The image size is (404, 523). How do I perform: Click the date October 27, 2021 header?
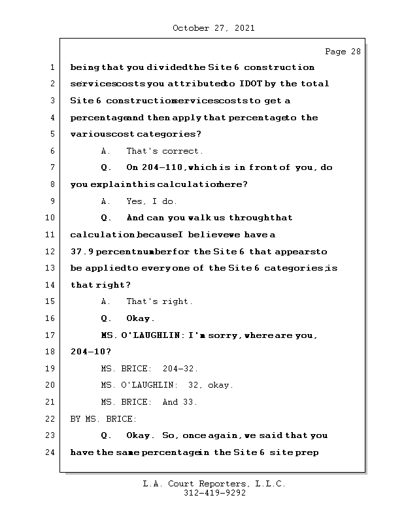214,28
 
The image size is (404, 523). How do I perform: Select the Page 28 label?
343,52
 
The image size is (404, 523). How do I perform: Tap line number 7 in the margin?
52,168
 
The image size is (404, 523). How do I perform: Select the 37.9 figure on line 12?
82,252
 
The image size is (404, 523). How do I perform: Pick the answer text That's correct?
165,151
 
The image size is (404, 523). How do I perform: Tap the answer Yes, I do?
152,201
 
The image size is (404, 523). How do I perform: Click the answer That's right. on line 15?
160,302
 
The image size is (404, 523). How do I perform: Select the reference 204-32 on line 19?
180,369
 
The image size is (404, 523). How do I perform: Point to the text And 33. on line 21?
180,402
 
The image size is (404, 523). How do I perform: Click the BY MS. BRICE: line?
103,419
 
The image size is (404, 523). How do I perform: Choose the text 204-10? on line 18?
86,352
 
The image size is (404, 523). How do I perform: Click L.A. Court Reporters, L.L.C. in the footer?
214,484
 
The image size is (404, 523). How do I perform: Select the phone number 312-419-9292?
214,494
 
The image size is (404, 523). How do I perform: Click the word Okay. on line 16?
141,319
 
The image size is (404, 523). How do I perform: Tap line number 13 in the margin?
52,268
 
